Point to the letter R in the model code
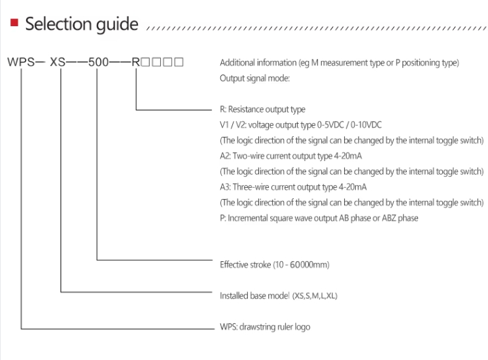(x=136, y=63)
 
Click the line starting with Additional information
(x=340, y=63)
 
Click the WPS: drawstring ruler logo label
(x=265, y=327)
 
